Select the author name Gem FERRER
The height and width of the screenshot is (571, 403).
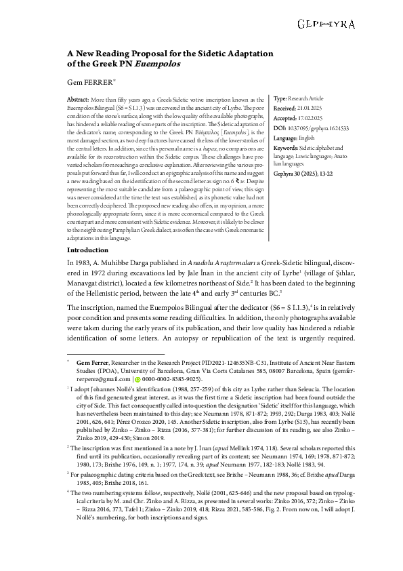click(88, 81)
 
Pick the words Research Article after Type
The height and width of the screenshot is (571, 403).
click(308, 99)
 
